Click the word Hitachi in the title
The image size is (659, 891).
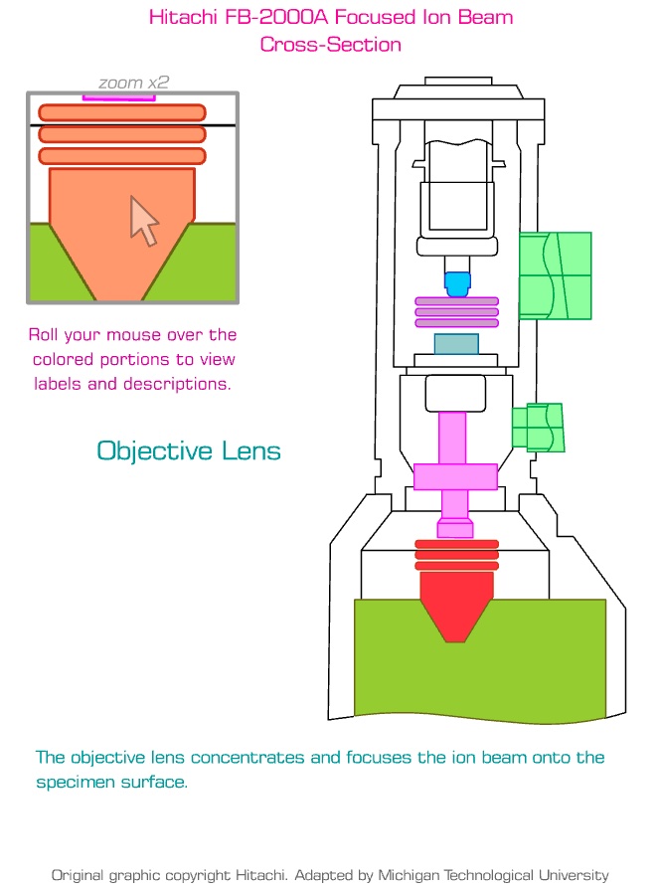coord(182,17)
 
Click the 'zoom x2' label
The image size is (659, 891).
coord(133,83)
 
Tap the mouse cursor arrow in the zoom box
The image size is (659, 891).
coord(143,220)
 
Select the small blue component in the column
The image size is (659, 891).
coord(456,284)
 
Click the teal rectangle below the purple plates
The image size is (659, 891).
coord(456,344)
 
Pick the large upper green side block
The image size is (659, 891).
coord(555,275)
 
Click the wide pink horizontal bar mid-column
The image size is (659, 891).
coord(455,476)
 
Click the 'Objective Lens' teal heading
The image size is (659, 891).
coord(189,450)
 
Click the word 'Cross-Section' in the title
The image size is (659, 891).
coord(331,44)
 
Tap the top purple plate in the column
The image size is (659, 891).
coord(456,301)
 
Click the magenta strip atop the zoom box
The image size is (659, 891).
coord(118,97)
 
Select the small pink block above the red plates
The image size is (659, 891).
coord(455,528)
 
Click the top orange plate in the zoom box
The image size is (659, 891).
coord(122,112)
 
